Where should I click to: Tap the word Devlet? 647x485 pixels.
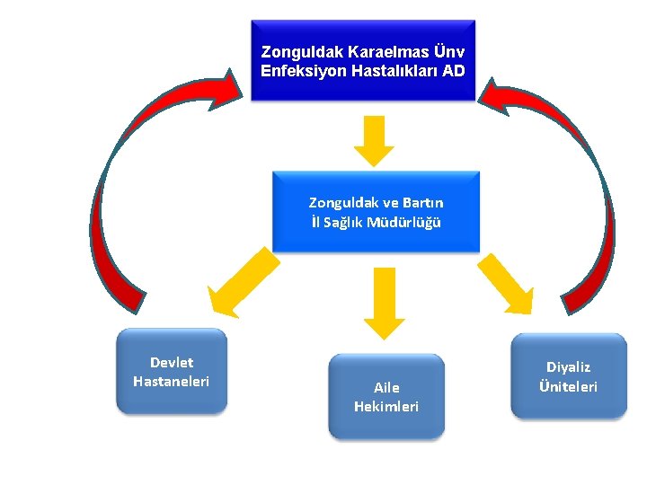(172, 363)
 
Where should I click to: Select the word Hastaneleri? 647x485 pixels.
(172, 382)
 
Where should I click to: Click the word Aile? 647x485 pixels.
(386, 388)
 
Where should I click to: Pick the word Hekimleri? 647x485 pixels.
(386, 407)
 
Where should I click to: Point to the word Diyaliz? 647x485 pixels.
(569, 367)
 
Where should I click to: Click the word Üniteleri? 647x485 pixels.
(569, 387)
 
